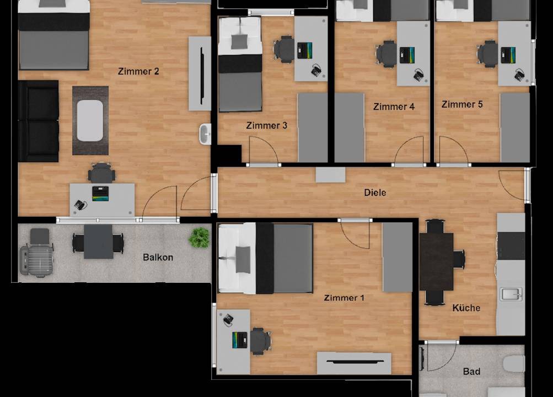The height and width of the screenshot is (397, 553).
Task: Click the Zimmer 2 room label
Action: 138,71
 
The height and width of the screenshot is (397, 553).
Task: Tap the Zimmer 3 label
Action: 267,125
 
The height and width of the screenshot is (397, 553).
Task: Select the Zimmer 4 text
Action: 394,106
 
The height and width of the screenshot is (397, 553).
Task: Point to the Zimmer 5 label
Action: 462,104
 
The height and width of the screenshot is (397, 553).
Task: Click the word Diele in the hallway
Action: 375,192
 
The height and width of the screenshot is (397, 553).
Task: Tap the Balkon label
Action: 158,257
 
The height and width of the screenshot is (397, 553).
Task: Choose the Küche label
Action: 466,308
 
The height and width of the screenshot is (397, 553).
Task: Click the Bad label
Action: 471,371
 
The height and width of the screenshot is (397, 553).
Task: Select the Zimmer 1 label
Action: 344,298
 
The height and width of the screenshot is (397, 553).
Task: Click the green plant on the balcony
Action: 199,237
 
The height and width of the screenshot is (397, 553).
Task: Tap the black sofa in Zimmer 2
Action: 39,121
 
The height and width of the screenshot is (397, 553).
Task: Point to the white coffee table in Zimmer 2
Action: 90,121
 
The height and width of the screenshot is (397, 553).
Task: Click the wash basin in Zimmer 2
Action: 205,134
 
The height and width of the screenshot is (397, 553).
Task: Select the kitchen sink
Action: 511,294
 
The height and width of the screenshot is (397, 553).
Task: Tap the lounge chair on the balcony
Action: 37,252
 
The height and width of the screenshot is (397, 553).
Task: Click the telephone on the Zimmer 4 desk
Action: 419,75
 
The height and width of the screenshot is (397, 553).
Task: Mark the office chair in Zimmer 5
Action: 488,54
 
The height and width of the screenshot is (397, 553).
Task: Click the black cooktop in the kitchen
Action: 511,246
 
